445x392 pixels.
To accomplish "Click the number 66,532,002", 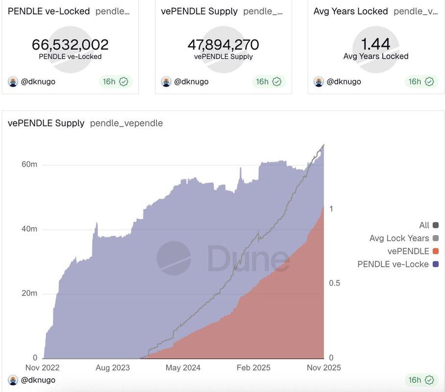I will click(x=70, y=45).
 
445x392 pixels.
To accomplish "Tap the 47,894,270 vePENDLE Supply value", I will click(x=223, y=45).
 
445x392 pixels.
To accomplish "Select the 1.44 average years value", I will click(x=375, y=44).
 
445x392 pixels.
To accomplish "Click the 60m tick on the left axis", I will click(x=29, y=165).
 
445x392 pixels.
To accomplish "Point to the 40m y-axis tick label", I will click(x=29, y=229).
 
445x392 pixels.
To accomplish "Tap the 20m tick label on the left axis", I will click(x=29, y=293).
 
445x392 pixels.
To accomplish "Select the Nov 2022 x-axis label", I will click(x=42, y=367).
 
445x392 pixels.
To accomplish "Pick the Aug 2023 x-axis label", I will click(x=113, y=367).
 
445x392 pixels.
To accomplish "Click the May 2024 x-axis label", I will click(x=182, y=367).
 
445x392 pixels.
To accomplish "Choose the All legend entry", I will click(x=424, y=225).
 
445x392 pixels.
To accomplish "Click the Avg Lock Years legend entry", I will click(x=399, y=238).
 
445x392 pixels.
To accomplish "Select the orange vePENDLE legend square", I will click(x=436, y=251).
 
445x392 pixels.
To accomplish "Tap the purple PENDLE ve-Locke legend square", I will click(x=436, y=265).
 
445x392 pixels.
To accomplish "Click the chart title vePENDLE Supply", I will click(x=46, y=123).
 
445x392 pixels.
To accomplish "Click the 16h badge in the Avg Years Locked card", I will click(x=420, y=81).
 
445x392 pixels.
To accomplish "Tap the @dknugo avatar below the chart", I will click(x=13, y=380).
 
